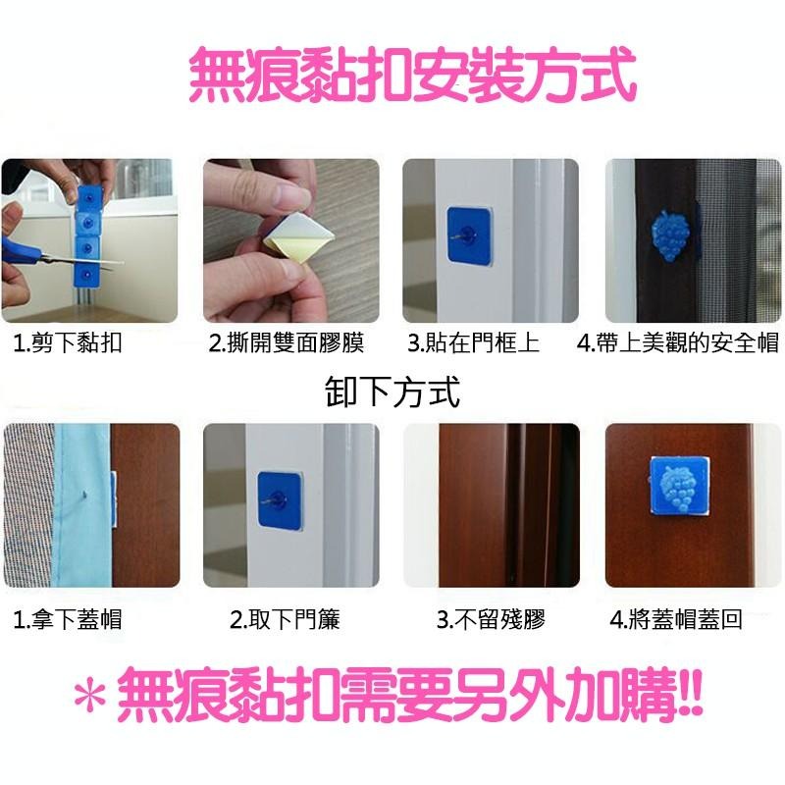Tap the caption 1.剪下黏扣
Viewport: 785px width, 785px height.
point(69,344)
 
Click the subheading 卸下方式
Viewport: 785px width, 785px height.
point(392,392)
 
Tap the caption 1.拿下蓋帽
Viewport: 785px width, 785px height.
point(69,620)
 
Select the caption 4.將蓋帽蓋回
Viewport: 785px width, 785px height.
point(676,620)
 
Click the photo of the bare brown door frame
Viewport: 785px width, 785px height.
point(491,505)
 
